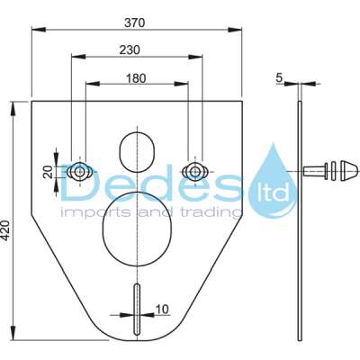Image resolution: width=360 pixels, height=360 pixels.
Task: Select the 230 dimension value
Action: pos(137,52)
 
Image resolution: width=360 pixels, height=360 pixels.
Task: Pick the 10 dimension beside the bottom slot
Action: pos(160,309)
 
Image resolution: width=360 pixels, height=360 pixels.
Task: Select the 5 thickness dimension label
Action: pos(281,78)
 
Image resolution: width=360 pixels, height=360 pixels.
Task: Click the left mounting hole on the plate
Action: pos(80,171)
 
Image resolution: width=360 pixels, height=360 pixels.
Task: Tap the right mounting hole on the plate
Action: pos(193,170)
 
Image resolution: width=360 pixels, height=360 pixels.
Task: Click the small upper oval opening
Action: pos(137,148)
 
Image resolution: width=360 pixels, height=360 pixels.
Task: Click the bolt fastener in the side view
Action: pos(328,170)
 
